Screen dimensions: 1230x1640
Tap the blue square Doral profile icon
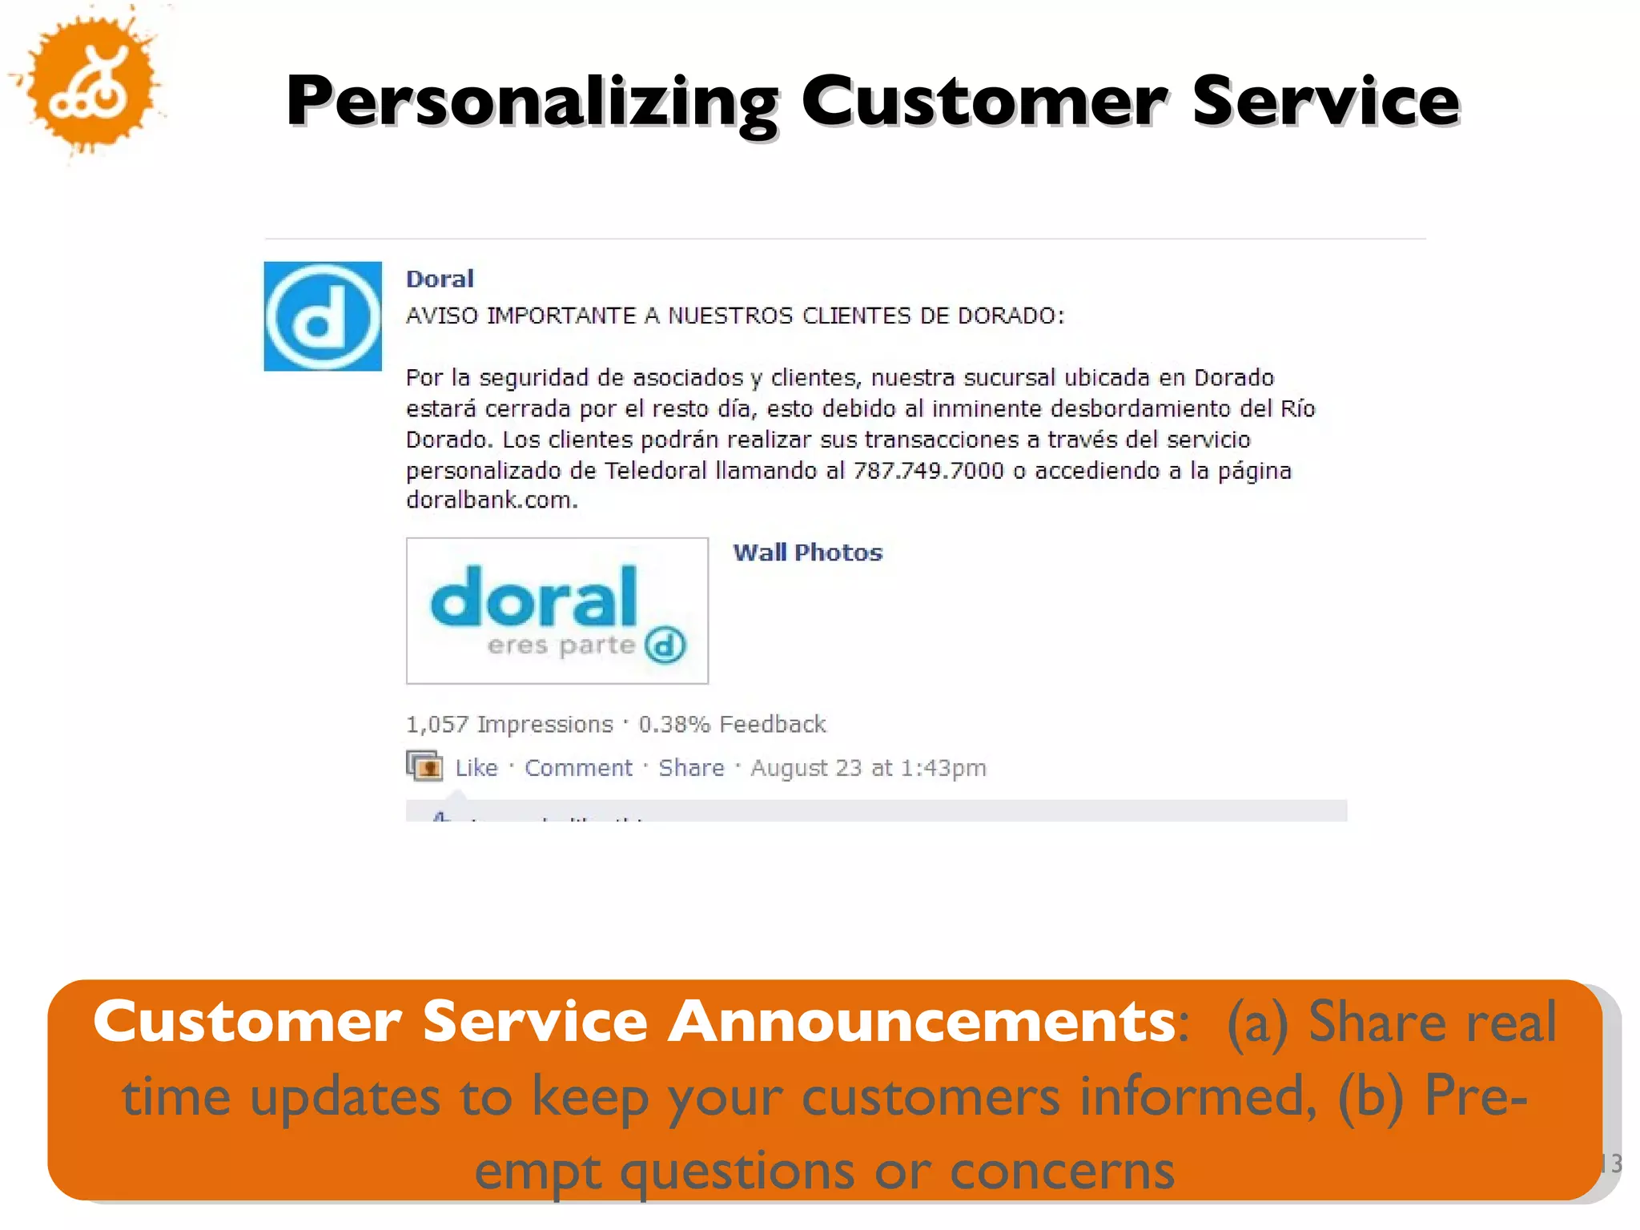pos(323,316)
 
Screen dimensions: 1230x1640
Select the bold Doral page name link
pos(440,279)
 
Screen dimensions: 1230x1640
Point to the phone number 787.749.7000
pos(928,470)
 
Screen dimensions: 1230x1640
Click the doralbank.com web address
pos(491,500)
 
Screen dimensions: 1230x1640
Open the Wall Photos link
pos(807,553)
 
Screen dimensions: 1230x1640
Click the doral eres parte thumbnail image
pos(557,610)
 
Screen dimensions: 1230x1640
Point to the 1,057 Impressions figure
pos(509,724)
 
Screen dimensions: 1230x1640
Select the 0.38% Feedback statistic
pos(732,724)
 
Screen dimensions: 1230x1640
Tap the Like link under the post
pos(476,768)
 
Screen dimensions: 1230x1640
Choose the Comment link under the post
pos(578,768)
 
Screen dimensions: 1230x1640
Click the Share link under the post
pos(691,768)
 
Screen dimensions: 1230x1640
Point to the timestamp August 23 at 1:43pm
pos(868,768)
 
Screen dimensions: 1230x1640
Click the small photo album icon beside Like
pos(424,766)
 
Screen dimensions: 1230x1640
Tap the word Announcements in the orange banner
pos(921,1022)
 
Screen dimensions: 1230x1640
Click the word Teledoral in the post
pos(656,470)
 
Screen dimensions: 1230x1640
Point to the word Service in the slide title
pos(1325,102)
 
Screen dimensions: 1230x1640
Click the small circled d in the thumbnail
pos(665,645)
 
